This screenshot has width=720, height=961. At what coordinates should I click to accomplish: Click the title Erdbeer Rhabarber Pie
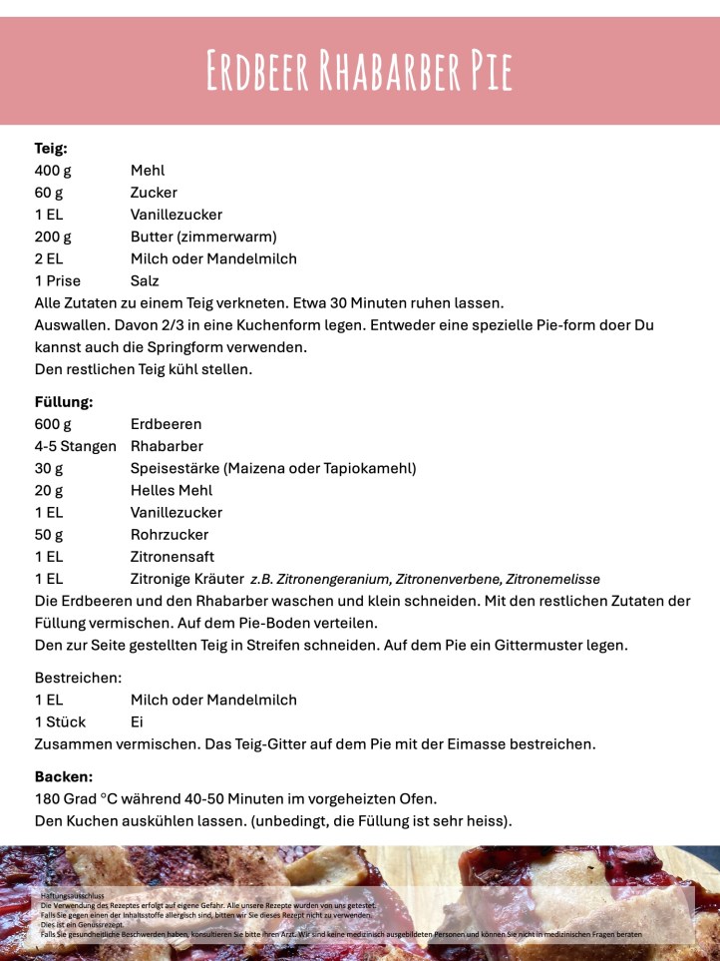359,70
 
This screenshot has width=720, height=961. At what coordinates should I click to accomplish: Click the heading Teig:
51,149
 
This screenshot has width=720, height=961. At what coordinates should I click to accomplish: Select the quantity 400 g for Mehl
52,171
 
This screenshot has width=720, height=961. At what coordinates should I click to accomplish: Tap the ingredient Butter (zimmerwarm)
202,237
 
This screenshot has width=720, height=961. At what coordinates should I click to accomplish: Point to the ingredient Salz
146,280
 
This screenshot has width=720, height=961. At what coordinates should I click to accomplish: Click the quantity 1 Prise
58,280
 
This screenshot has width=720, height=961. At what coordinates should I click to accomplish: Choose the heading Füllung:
63,402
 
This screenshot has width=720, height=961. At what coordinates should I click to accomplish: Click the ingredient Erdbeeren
166,424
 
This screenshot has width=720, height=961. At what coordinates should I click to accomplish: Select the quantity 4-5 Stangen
76,446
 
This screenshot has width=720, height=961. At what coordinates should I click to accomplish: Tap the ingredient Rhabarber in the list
167,446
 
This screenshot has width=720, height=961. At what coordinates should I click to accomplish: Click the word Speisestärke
175,468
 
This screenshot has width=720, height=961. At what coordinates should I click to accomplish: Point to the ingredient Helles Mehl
172,490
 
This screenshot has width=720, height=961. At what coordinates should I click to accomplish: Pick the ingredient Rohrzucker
170,534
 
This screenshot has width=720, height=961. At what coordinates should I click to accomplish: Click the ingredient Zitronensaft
173,556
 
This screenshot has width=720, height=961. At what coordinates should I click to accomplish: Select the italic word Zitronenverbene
448,579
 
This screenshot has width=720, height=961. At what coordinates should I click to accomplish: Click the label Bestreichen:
78,678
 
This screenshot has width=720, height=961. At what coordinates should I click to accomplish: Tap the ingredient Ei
138,721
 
